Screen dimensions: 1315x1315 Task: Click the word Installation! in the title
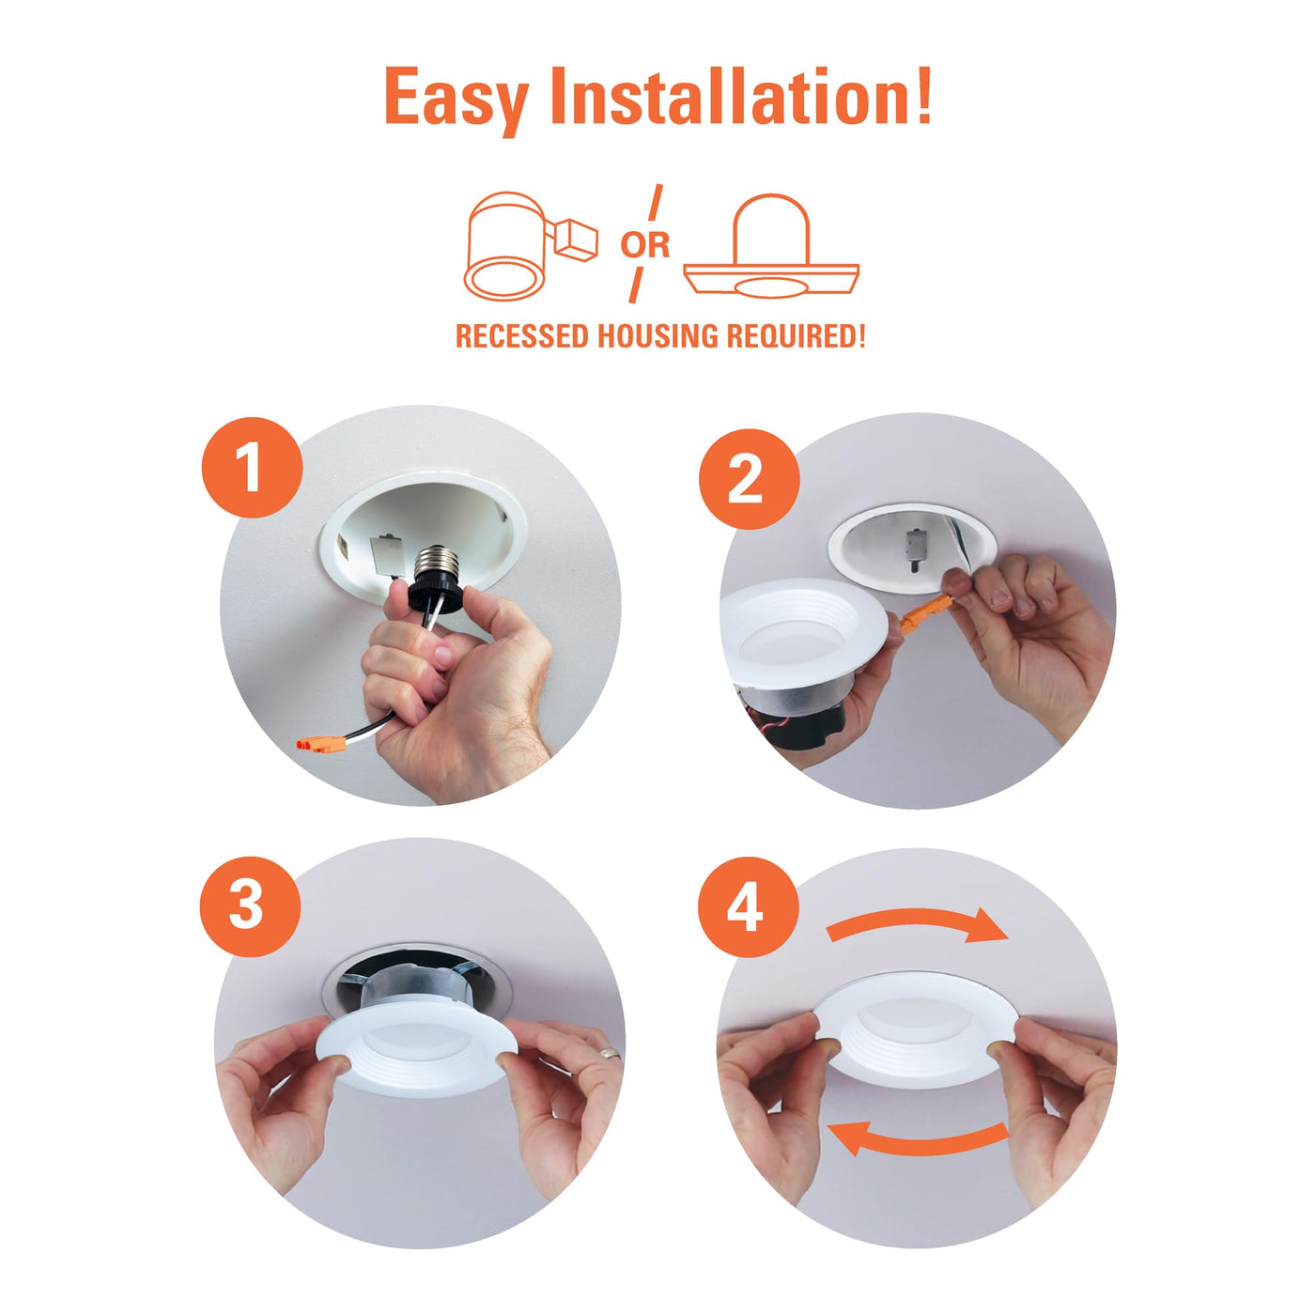tap(741, 95)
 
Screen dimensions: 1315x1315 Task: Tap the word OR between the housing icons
tap(644, 244)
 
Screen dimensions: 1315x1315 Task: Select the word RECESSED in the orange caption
tap(521, 336)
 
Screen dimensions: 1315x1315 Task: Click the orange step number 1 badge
tap(252, 468)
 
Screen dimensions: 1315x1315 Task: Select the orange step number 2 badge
tap(749, 478)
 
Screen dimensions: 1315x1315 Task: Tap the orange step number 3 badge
tap(250, 906)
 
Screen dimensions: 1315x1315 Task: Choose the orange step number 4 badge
tap(748, 907)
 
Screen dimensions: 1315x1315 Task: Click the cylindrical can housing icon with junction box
tap(531, 246)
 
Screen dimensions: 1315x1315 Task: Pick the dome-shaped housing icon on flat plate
tap(771, 246)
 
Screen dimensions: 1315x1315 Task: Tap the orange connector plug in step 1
tap(320, 745)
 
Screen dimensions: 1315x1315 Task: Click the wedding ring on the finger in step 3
tap(608, 1054)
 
